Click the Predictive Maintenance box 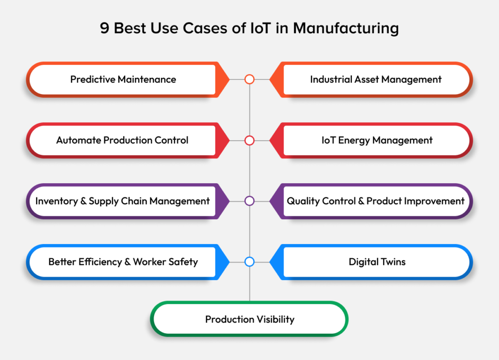(123, 79)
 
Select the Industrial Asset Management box (376, 79)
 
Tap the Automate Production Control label (122, 140)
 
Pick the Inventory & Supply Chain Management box (122, 201)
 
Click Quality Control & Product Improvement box (375, 201)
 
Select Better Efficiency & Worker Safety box (123, 262)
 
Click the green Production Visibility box (249, 320)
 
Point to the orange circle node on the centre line (249, 79)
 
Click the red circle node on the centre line (249, 140)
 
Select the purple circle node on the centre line (249, 201)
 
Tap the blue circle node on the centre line (249, 262)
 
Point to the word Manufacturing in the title (349, 28)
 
